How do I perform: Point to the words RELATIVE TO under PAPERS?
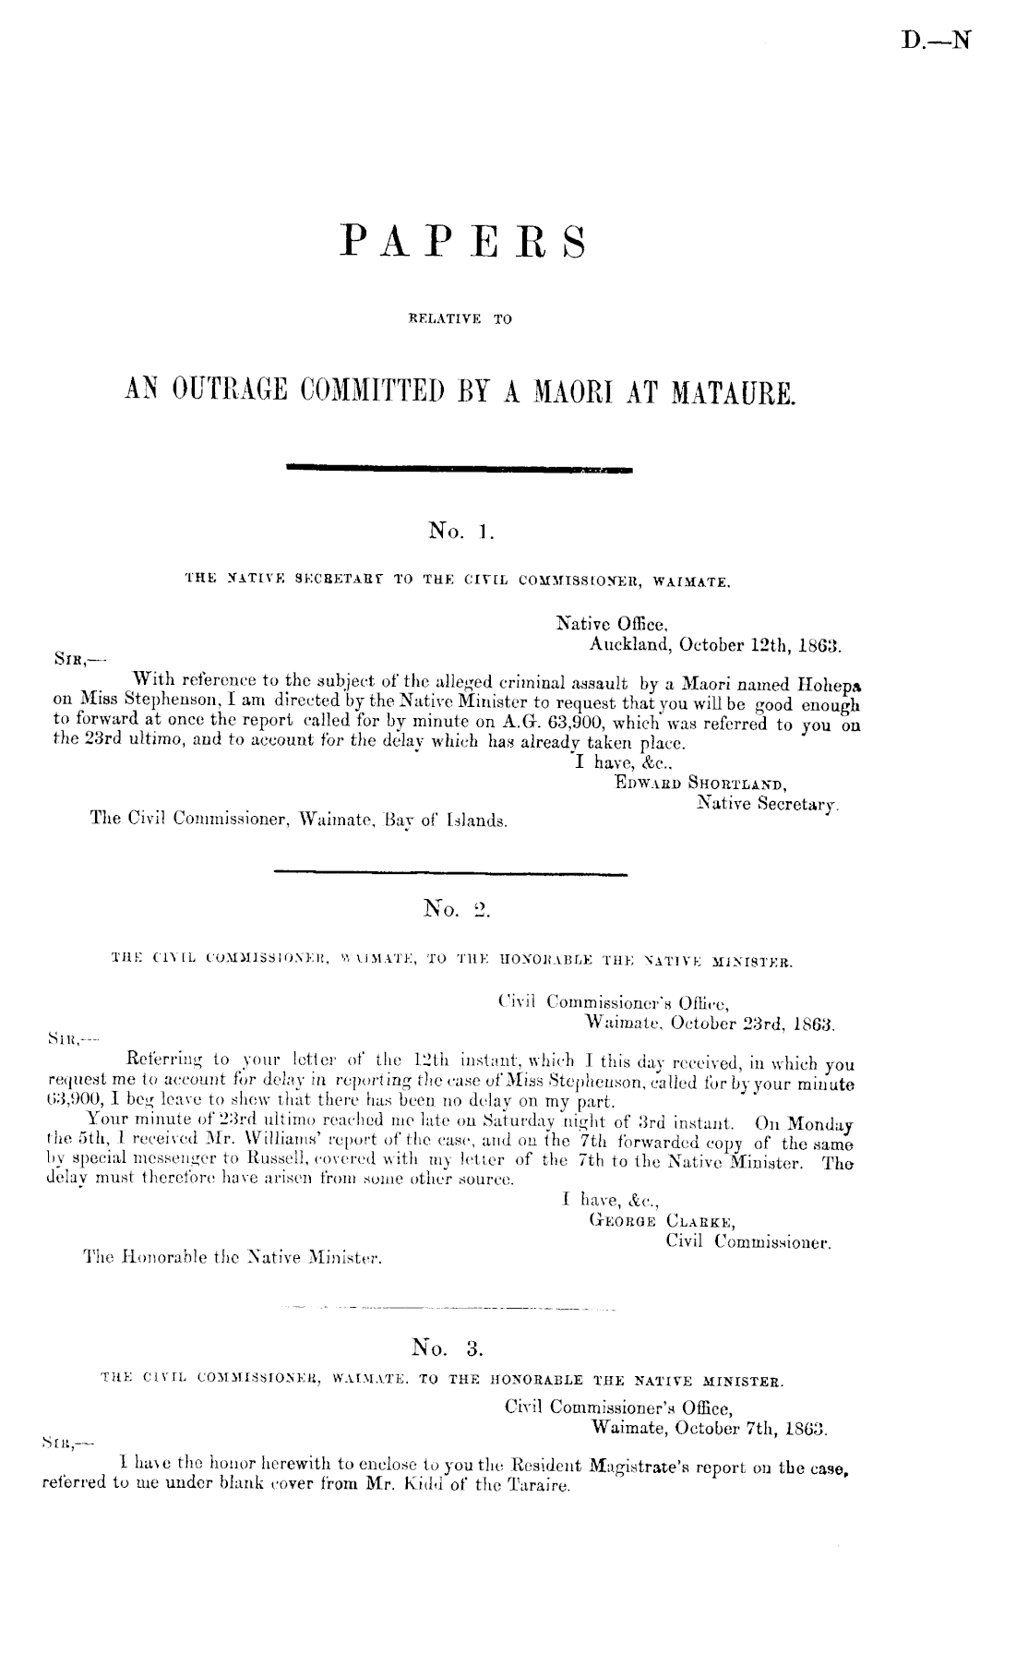point(460,321)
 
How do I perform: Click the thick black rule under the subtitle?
point(460,471)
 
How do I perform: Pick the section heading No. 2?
point(460,912)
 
